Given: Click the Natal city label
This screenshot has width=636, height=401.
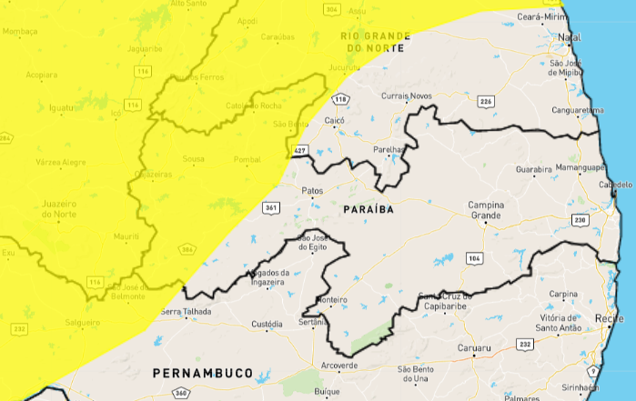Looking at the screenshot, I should tap(570, 37).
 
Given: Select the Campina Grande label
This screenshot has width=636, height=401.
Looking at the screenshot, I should tap(486, 211).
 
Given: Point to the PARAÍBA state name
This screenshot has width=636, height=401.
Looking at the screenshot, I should tap(368, 209).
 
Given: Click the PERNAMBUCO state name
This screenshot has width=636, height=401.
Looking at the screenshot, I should tap(203, 373).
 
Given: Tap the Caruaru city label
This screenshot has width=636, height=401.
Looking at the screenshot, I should tap(473, 348).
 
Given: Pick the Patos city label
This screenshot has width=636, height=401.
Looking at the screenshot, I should tap(312, 191).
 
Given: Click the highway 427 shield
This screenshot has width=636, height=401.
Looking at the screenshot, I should tap(300, 149).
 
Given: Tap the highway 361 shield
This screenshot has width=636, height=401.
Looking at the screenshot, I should tap(270, 208).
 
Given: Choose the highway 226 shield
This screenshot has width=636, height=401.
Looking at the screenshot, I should tap(486, 101).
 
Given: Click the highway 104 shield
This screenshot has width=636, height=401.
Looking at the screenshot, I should tap(473, 259).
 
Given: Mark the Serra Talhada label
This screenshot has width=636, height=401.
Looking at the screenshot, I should tap(186, 312).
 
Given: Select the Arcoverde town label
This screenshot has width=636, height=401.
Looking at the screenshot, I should tap(339, 366).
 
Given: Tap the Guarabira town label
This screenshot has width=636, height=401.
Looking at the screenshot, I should tap(534, 169).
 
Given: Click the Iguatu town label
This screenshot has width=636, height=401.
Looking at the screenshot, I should tap(62, 107).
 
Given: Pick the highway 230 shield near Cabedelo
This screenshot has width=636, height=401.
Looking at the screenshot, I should tap(579, 219).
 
